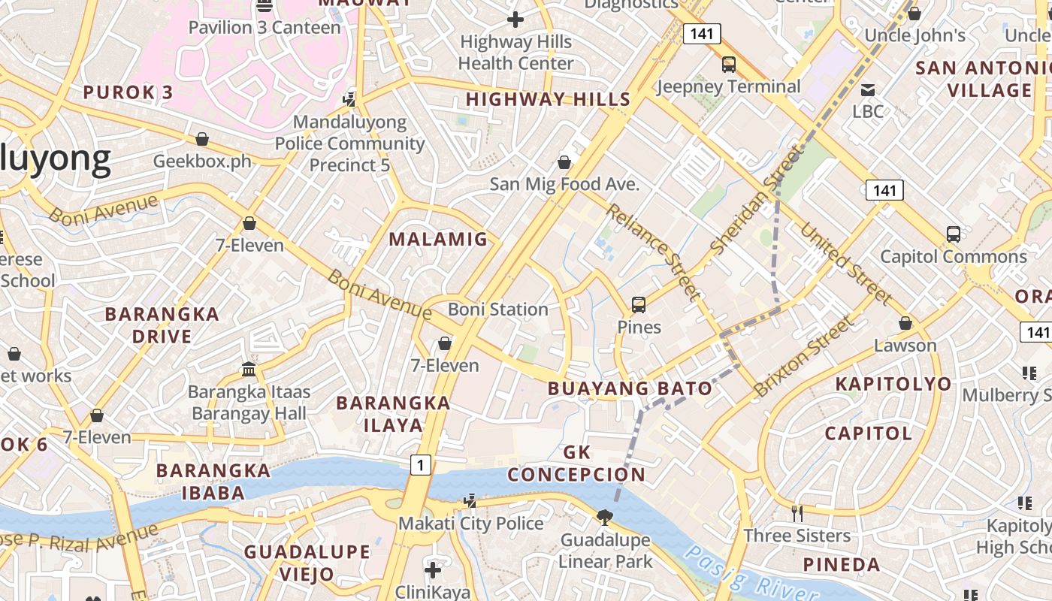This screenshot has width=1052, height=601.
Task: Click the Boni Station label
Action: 497,310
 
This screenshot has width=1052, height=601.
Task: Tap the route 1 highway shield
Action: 420,466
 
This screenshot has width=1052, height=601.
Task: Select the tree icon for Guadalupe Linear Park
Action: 604,517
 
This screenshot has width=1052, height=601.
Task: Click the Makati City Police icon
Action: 470,500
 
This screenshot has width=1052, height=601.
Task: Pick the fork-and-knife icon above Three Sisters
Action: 797,513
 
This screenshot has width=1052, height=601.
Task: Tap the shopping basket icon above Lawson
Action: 905,323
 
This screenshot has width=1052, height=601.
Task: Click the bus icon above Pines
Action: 639,304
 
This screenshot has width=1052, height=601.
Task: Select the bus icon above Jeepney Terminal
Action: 728,65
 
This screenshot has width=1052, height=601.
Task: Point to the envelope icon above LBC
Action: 868,90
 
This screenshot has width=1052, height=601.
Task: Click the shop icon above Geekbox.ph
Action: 201,139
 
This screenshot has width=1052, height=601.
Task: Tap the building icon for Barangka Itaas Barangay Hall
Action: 249,369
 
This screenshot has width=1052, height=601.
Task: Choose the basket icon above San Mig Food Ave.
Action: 564,162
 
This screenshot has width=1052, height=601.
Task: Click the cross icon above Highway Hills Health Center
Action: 515,20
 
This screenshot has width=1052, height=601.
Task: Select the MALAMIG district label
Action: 438,240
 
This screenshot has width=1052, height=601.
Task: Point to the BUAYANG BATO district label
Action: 630,388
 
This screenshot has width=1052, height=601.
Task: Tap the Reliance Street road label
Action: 653,250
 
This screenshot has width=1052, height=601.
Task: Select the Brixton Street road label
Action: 803,356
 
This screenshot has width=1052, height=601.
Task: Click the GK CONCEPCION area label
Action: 576,464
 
